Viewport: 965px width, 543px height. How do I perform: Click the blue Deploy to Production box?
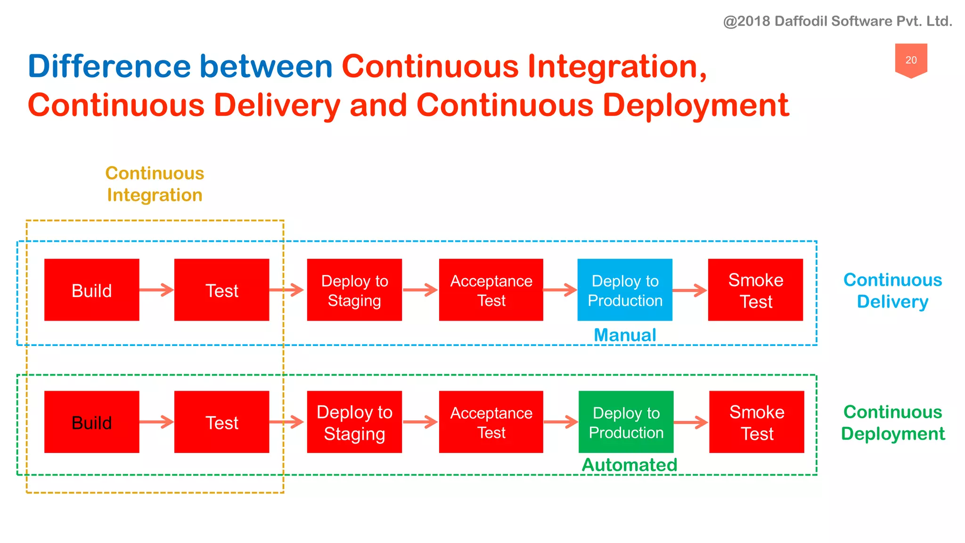(x=625, y=290)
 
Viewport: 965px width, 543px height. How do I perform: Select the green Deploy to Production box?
(x=626, y=422)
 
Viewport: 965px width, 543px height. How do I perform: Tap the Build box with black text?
(x=92, y=422)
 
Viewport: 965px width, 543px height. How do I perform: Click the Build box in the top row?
(x=92, y=290)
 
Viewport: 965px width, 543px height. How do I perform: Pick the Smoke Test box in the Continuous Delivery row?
(x=755, y=290)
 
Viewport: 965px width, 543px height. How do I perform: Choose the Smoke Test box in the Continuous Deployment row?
(x=756, y=422)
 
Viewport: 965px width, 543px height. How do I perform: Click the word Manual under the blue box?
(x=625, y=335)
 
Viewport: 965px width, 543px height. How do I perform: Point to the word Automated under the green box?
(x=630, y=465)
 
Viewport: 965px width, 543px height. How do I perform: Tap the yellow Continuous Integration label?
(x=155, y=184)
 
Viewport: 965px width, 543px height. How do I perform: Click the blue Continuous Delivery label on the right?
(x=892, y=291)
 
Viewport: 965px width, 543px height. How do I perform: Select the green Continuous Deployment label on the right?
(x=892, y=423)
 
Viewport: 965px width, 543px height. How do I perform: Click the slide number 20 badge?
(x=911, y=60)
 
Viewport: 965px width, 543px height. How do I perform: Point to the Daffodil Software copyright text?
(x=837, y=21)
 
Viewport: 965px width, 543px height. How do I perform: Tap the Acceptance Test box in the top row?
(x=491, y=290)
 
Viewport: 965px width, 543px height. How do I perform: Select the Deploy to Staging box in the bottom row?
(x=354, y=422)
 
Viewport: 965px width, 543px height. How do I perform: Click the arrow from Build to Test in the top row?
(x=157, y=290)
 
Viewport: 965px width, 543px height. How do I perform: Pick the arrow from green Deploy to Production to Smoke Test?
(x=691, y=422)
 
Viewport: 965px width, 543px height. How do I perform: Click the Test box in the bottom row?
(x=221, y=422)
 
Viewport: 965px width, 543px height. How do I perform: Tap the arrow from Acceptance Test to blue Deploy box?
(x=560, y=290)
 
